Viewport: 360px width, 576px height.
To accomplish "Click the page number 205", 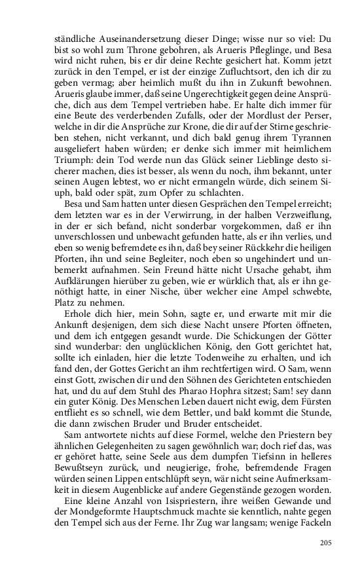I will pos(326,542).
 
